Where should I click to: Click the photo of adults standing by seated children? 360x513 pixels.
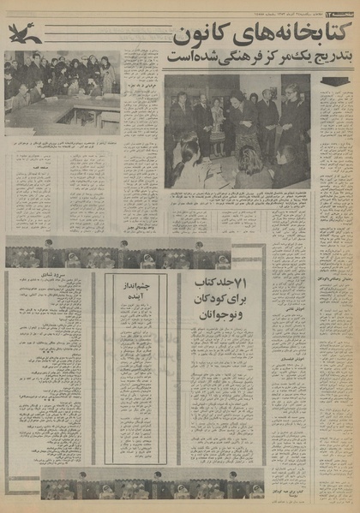237,131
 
